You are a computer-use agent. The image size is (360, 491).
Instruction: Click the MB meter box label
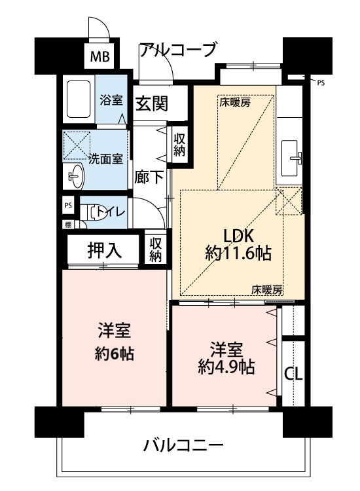[100, 57]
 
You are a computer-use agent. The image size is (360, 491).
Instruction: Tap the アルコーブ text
[177, 50]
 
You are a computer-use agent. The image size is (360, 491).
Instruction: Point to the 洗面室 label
[105, 159]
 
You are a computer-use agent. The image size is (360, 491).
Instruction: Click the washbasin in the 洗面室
[75, 175]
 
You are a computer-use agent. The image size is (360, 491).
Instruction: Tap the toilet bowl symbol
[93, 212]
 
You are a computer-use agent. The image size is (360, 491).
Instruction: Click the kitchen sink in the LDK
[291, 158]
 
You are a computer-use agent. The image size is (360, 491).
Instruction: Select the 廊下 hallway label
[149, 178]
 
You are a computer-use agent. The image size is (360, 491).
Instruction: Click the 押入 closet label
[104, 251]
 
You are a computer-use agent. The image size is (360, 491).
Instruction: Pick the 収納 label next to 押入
[155, 249]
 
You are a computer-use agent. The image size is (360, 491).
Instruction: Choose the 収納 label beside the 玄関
[180, 145]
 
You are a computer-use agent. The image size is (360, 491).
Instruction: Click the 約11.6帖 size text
[238, 253]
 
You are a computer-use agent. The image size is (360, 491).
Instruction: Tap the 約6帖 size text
[114, 354]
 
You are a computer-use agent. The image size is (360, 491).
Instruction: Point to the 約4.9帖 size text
[226, 367]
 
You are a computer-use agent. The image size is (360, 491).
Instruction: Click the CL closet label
[293, 374]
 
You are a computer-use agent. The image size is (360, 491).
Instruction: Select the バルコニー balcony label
[183, 445]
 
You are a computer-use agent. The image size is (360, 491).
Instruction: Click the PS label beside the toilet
[68, 206]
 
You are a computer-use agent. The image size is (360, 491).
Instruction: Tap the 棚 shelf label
[68, 224]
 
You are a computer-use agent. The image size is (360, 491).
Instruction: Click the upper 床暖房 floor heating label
[234, 102]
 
